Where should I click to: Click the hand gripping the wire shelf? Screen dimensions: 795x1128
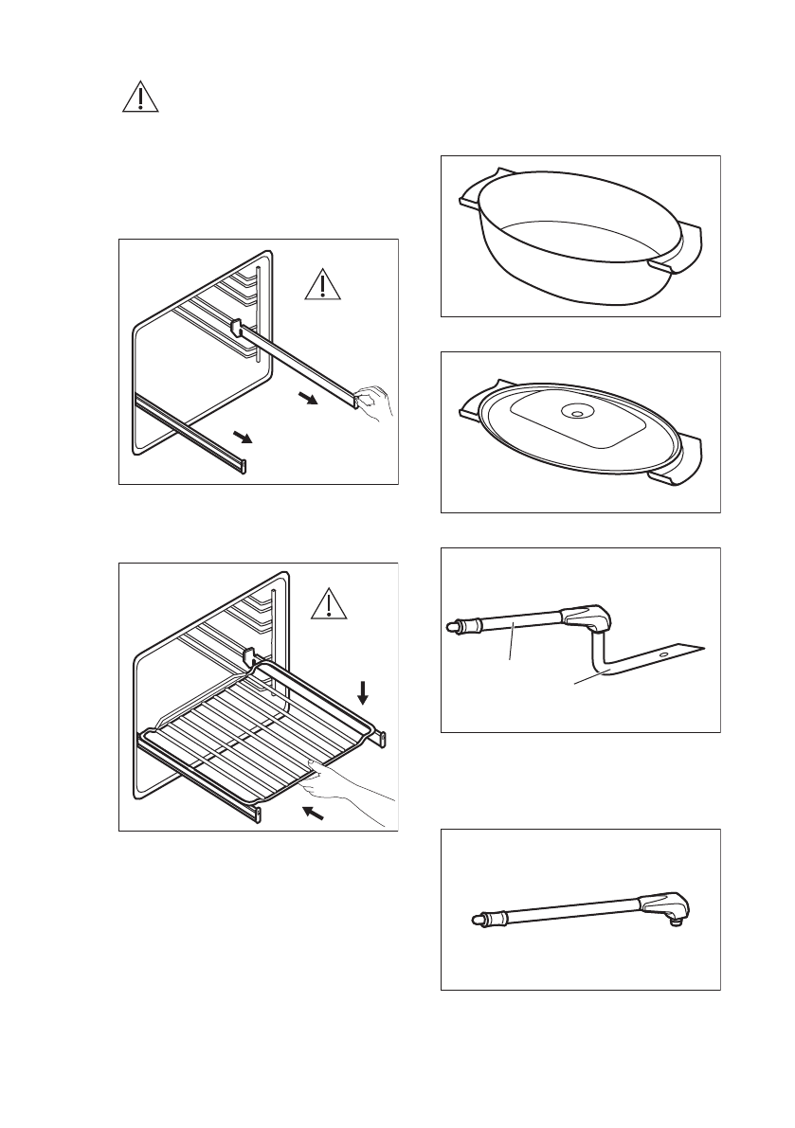(341, 785)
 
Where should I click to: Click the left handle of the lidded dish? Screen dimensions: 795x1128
(470, 410)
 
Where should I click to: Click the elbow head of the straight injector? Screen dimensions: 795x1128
(666, 904)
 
